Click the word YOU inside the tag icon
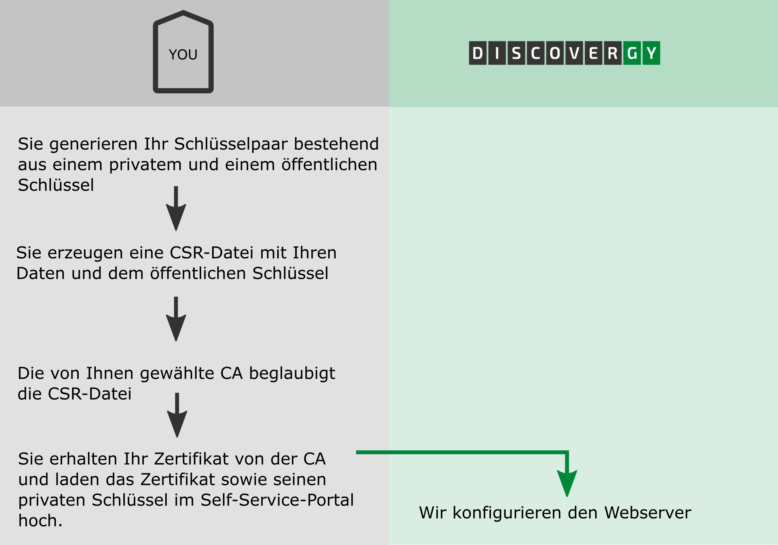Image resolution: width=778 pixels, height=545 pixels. tap(183, 55)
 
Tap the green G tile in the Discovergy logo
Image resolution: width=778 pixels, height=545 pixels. tap(632, 53)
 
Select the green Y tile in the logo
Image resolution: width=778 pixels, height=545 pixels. tap(651, 53)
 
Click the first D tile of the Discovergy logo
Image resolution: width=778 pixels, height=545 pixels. tap(477, 53)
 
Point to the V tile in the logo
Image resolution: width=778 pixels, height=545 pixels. tap(574, 53)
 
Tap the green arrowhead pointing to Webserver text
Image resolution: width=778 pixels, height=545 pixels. tap(567, 483)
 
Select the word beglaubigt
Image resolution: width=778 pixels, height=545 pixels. tap(292, 374)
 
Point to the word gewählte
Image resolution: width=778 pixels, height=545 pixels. tap(177, 374)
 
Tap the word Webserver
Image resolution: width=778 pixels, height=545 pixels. tap(647, 513)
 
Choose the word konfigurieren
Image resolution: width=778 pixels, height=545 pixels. tap(507, 513)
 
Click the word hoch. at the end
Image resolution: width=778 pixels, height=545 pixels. tap(40, 521)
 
